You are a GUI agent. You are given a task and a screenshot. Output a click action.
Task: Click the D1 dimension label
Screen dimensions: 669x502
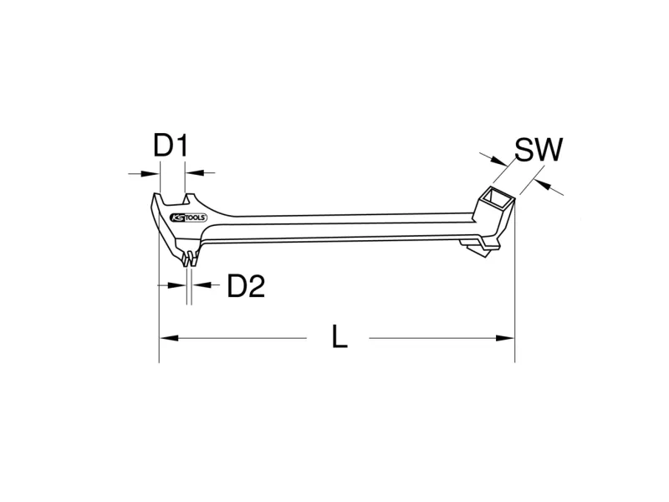(171, 146)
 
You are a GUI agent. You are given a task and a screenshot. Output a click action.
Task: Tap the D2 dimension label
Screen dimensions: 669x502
(246, 286)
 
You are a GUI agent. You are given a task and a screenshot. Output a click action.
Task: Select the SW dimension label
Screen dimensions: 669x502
(539, 150)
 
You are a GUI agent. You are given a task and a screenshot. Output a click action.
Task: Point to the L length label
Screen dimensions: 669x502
(340, 338)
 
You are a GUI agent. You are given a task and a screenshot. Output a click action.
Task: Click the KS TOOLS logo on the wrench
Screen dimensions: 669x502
(189, 218)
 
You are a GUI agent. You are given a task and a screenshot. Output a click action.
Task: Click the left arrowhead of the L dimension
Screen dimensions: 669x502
(169, 338)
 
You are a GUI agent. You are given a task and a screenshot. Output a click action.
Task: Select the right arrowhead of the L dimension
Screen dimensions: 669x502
(505, 338)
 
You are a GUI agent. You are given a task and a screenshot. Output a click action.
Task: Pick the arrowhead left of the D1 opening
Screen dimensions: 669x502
(151, 173)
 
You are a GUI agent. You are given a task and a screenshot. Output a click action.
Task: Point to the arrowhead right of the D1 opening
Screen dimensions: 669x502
(194, 172)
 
